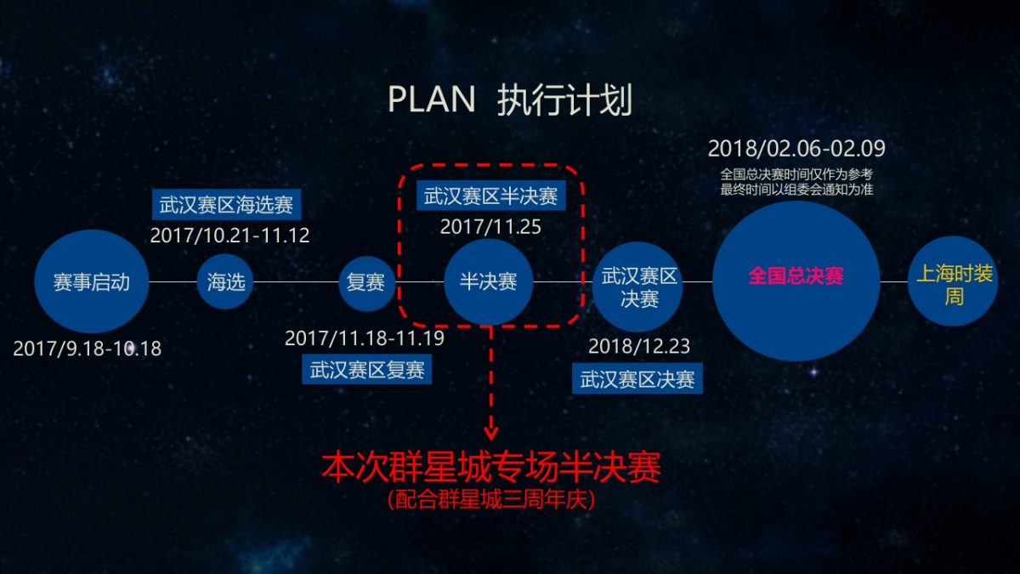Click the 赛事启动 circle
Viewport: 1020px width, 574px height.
click(92, 281)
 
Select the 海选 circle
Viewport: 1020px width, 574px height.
click(226, 281)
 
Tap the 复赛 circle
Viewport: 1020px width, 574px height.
click(367, 281)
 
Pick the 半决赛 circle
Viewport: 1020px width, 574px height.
click(489, 281)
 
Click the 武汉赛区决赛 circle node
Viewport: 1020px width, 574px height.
click(639, 287)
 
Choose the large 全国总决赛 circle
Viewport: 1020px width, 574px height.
click(796, 277)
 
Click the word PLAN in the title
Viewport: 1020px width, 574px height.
click(432, 100)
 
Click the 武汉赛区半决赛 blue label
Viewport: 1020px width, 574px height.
click(491, 196)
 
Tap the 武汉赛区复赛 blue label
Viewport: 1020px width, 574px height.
click(367, 370)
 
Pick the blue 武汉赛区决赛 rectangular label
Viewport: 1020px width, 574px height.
click(637, 379)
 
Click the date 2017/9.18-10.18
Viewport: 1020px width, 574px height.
click(88, 348)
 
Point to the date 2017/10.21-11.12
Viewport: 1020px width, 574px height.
click(230, 235)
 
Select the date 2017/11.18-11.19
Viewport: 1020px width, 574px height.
click(365, 338)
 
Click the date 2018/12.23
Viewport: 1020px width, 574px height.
click(639, 347)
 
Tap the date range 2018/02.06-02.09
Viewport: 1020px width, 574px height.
click(796, 149)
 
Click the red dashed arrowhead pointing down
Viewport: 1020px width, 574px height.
click(490, 430)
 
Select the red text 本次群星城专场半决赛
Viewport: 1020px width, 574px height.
click(490, 469)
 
